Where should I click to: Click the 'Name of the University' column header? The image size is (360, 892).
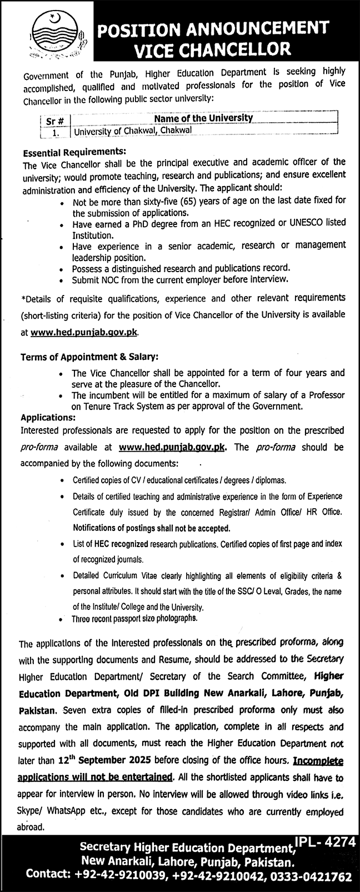coord(203,118)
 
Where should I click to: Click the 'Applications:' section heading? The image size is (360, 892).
coord(47,417)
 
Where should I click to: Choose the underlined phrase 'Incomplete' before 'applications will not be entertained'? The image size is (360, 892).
coord(318,761)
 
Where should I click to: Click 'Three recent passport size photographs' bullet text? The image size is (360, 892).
coord(134,618)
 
